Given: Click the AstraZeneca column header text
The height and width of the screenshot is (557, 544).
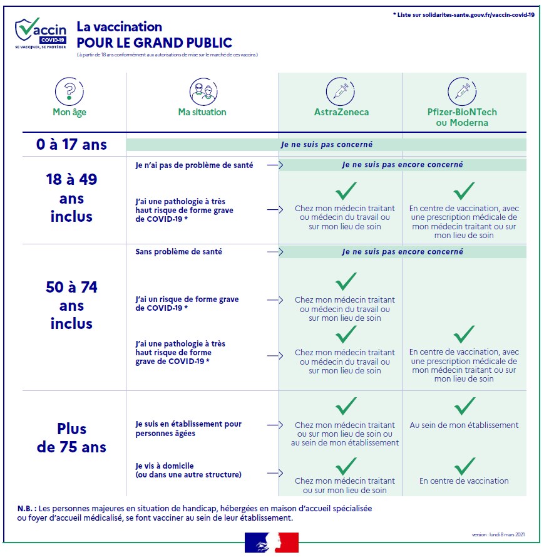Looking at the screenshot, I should pos(341,113).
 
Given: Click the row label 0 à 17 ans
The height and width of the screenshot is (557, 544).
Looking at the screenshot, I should pos(71,145).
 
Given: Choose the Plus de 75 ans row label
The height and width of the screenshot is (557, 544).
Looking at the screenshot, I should pos(71,438).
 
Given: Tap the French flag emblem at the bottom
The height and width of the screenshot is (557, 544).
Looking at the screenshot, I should pos(271,543).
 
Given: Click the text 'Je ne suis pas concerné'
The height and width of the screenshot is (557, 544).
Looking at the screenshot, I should pos(326,145).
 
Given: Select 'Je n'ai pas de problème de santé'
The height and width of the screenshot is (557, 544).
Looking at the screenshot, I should pos(195,165).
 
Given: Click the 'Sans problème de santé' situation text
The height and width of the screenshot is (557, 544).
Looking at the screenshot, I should pos(179,252).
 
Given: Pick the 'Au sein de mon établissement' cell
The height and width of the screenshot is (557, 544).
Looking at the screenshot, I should pos(464,425).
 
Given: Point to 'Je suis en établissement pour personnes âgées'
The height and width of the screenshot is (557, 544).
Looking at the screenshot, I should pos(188,429).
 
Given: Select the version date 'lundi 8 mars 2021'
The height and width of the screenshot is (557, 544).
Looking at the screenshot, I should pos(500,535).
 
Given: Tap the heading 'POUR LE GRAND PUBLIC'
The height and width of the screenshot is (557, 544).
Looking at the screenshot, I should pos(154,43).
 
